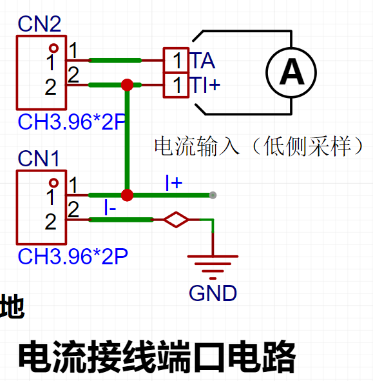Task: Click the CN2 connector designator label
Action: pos(39,24)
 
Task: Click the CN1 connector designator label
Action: pos(39,158)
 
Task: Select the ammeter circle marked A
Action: pos(291,72)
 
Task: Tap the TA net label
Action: pos(202,60)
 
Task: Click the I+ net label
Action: pos(174,182)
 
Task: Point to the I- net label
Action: pos(110,208)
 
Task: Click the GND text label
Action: pos(213,293)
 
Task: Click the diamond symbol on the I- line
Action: pos(176,220)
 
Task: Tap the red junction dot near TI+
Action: pos(127,85)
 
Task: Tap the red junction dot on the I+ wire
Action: pos(127,195)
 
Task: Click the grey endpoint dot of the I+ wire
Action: pos(213,195)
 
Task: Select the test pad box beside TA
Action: pos(176,60)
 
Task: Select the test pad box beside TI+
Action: pos(176,85)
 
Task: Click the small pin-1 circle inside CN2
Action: pos(53,48)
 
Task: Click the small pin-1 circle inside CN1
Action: pos(53,182)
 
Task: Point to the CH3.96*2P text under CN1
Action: pos(73,257)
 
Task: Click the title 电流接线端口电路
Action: pos(157,357)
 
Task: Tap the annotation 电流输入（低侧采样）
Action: pos(259,146)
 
